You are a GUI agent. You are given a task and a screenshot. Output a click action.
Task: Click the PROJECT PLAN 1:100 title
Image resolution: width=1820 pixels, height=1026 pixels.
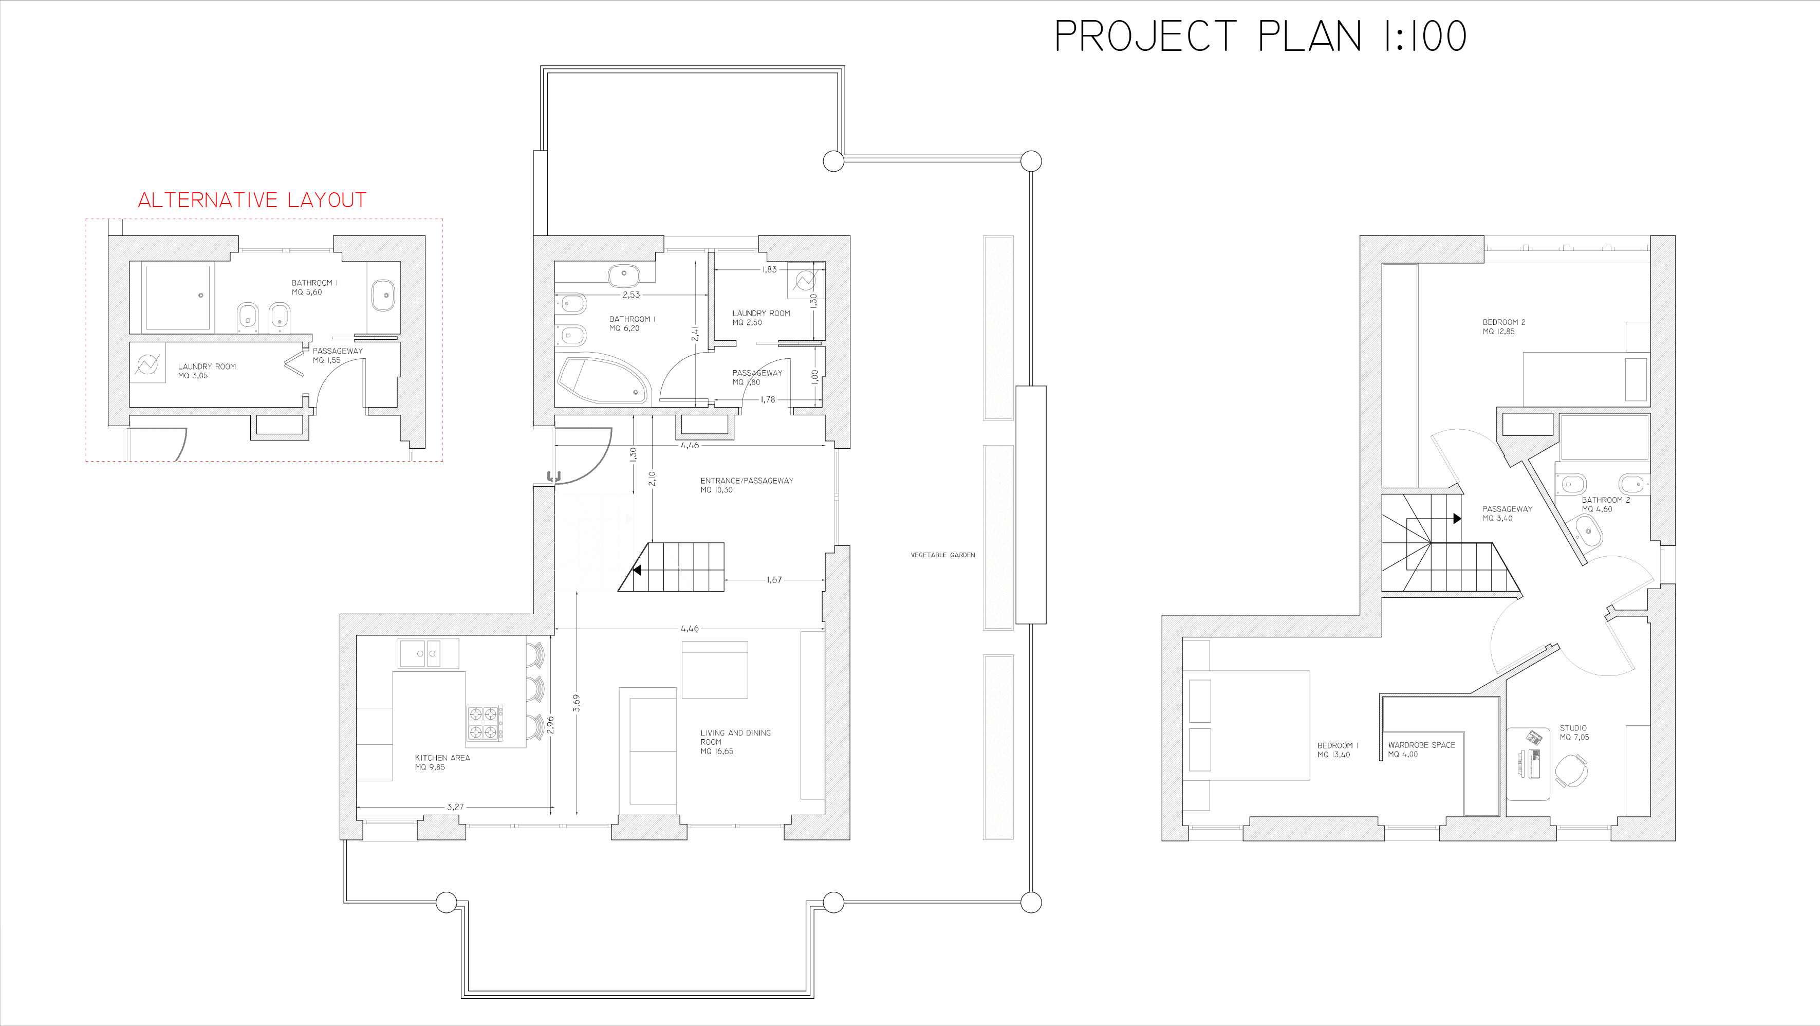(1260, 36)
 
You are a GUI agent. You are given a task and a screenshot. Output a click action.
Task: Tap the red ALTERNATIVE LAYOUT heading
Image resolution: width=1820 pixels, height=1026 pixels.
(252, 200)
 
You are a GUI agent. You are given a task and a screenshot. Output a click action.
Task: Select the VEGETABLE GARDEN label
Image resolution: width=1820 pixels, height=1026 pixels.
(942, 555)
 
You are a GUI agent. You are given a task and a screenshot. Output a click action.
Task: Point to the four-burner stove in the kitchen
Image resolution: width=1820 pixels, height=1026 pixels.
(485, 723)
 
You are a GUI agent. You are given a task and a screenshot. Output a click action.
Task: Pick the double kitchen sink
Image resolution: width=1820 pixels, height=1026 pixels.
(428, 654)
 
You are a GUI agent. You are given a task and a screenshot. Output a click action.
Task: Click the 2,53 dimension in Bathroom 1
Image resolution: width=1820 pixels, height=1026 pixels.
(631, 295)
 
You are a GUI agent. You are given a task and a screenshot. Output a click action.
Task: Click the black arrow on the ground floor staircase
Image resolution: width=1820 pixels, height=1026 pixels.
(637, 570)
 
